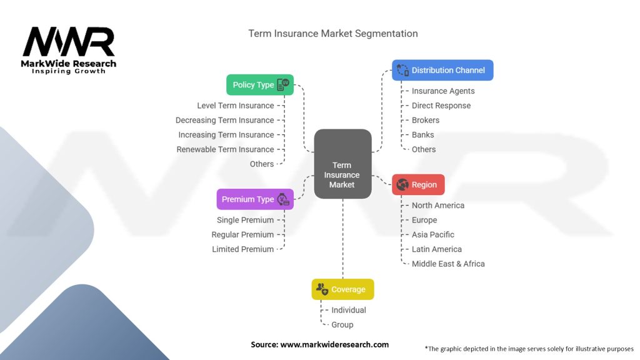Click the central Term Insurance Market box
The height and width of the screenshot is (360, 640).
(x=342, y=164)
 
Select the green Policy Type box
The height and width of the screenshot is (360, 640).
(x=259, y=85)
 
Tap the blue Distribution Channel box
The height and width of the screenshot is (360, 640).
(x=442, y=70)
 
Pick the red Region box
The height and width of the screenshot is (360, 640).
(x=418, y=185)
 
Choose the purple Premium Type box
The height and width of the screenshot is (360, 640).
(x=254, y=199)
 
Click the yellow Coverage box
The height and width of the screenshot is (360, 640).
(x=342, y=289)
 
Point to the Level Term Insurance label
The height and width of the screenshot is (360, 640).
(x=235, y=106)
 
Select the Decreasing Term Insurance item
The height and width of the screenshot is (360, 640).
(x=224, y=120)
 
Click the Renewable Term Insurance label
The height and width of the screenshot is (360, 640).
(x=225, y=149)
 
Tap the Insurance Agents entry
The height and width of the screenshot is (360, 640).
(x=443, y=91)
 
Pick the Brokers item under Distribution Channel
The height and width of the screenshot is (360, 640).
(x=426, y=120)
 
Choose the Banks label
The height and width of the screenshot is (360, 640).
(x=422, y=135)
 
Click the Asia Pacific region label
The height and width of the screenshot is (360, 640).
(x=433, y=235)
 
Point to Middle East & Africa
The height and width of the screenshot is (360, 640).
(x=448, y=264)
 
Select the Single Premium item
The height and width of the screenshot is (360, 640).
(x=245, y=220)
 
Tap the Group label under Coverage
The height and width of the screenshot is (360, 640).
(x=342, y=325)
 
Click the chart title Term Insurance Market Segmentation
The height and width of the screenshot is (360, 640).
(x=333, y=33)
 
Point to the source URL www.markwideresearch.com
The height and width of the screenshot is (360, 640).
(x=334, y=344)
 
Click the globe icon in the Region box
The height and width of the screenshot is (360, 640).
(x=402, y=185)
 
